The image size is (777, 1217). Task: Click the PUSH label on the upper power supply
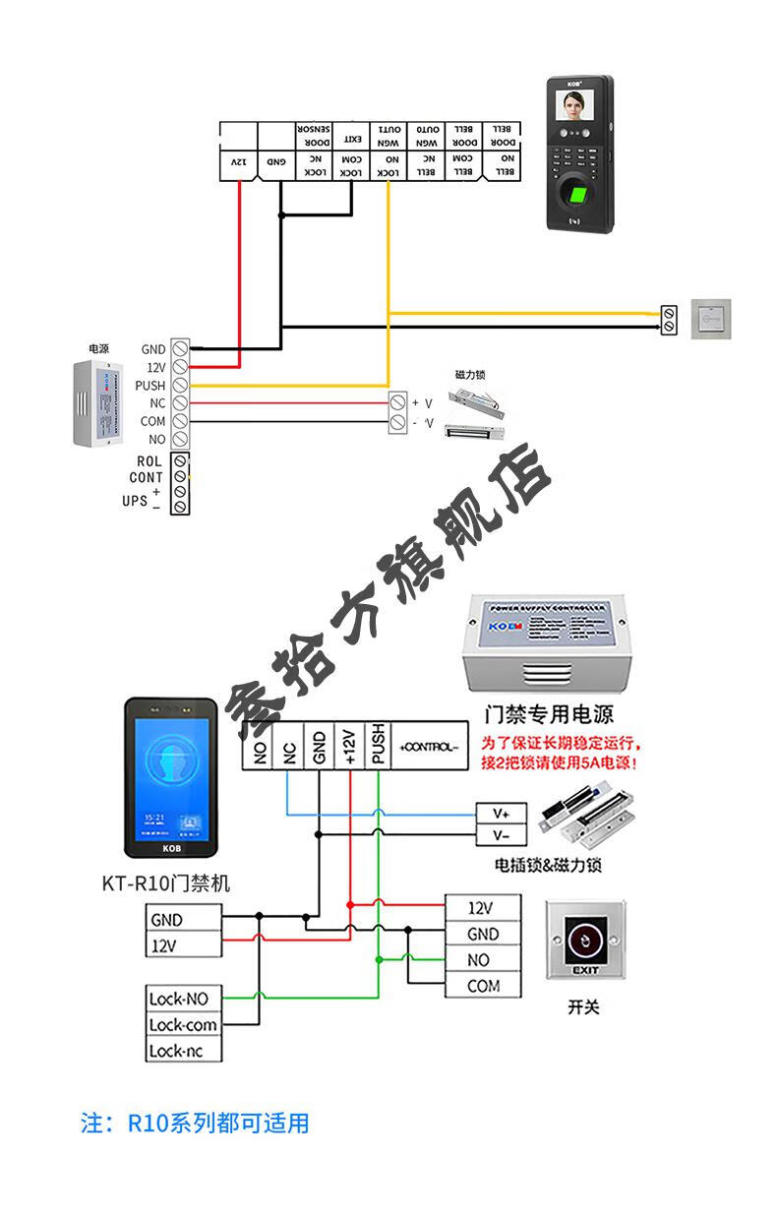[x=149, y=386]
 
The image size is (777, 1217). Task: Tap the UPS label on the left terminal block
[x=135, y=501]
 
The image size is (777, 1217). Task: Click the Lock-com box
[x=182, y=1025]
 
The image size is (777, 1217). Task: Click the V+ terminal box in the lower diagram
[x=502, y=814]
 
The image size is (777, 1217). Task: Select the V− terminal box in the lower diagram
[x=502, y=835]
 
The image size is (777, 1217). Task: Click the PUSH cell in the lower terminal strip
[x=379, y=747]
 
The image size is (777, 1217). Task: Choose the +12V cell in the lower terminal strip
[x=349, y=747]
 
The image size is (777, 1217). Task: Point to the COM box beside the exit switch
[x=483, y=986]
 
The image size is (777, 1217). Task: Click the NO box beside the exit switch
[x=483, y=960]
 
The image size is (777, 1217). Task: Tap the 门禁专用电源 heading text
[x=548, y=713]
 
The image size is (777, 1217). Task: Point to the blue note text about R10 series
[x=195, y=1123]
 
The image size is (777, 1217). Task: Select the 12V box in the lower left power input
[x=182, y=946]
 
